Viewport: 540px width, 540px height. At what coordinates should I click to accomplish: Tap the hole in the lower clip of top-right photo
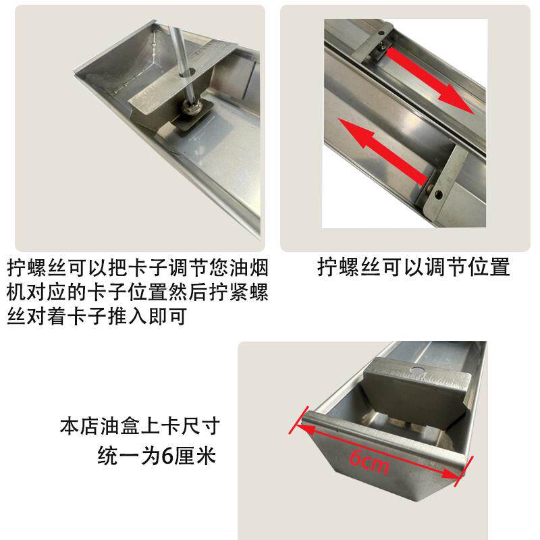439,194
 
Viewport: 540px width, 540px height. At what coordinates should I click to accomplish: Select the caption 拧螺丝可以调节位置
413,267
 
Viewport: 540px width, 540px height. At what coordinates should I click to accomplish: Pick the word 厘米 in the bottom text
196,456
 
